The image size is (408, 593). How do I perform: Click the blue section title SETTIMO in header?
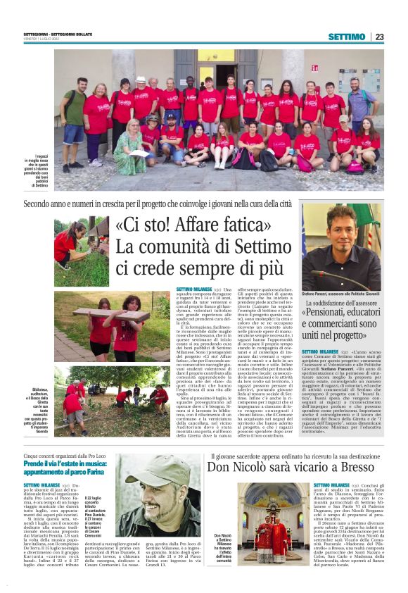pos(346,37)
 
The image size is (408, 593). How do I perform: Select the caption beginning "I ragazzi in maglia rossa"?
pos(44,171)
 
